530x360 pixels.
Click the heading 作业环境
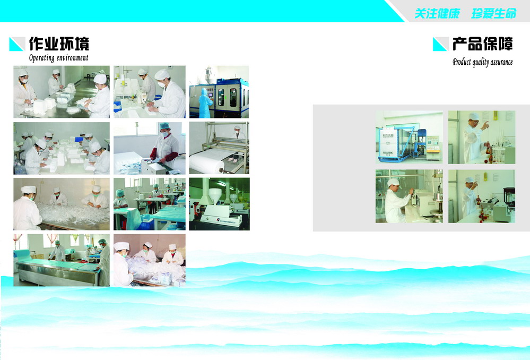point(59,44)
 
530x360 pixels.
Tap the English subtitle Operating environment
point(58,58)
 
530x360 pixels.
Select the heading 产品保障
point(483,44)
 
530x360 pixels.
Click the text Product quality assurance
point(483,62)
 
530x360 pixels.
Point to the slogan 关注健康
point(437,13)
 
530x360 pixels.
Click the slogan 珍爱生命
point(494,13)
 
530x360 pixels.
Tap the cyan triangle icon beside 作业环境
point(17,44)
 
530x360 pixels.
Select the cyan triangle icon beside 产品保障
point(440,44)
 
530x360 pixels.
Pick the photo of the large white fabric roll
point(219,148)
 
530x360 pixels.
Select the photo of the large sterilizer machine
point(409,138)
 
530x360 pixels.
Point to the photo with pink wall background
point(150,260)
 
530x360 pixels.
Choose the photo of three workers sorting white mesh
point(62,204)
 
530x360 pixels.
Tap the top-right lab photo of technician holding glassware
point(482,138)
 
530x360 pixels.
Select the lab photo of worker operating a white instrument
point(409,196)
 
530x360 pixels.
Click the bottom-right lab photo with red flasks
point(482,196)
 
